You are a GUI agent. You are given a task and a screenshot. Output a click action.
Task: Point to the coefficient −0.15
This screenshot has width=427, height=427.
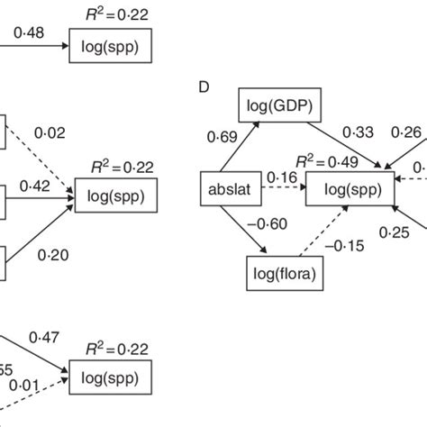(x=344, y=243)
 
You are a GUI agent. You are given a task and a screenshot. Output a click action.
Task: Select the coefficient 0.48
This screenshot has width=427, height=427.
(x=28, y=33)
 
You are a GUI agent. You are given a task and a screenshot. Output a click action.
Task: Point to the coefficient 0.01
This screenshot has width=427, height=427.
(x=24, y=387)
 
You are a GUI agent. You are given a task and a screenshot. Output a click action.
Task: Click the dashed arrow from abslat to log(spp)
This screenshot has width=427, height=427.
(x=279, y=191)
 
